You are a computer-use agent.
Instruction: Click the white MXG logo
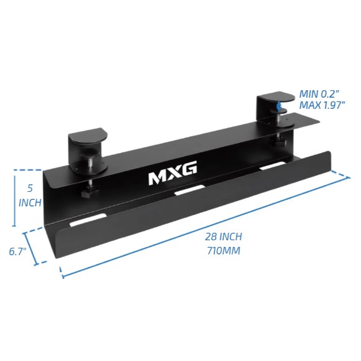[172, 173]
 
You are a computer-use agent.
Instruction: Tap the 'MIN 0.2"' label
[319, 94]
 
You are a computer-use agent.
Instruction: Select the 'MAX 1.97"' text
[322, 105]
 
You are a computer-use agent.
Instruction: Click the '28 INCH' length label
[223, 237]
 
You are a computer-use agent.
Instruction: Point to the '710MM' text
[223, 251]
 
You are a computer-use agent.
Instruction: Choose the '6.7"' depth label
[17, 251]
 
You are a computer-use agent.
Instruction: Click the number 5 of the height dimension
[30, 189]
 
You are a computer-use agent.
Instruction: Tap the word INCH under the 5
[30, 203]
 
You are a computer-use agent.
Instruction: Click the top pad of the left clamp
[88, 136]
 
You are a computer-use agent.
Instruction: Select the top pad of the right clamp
[276, 97]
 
